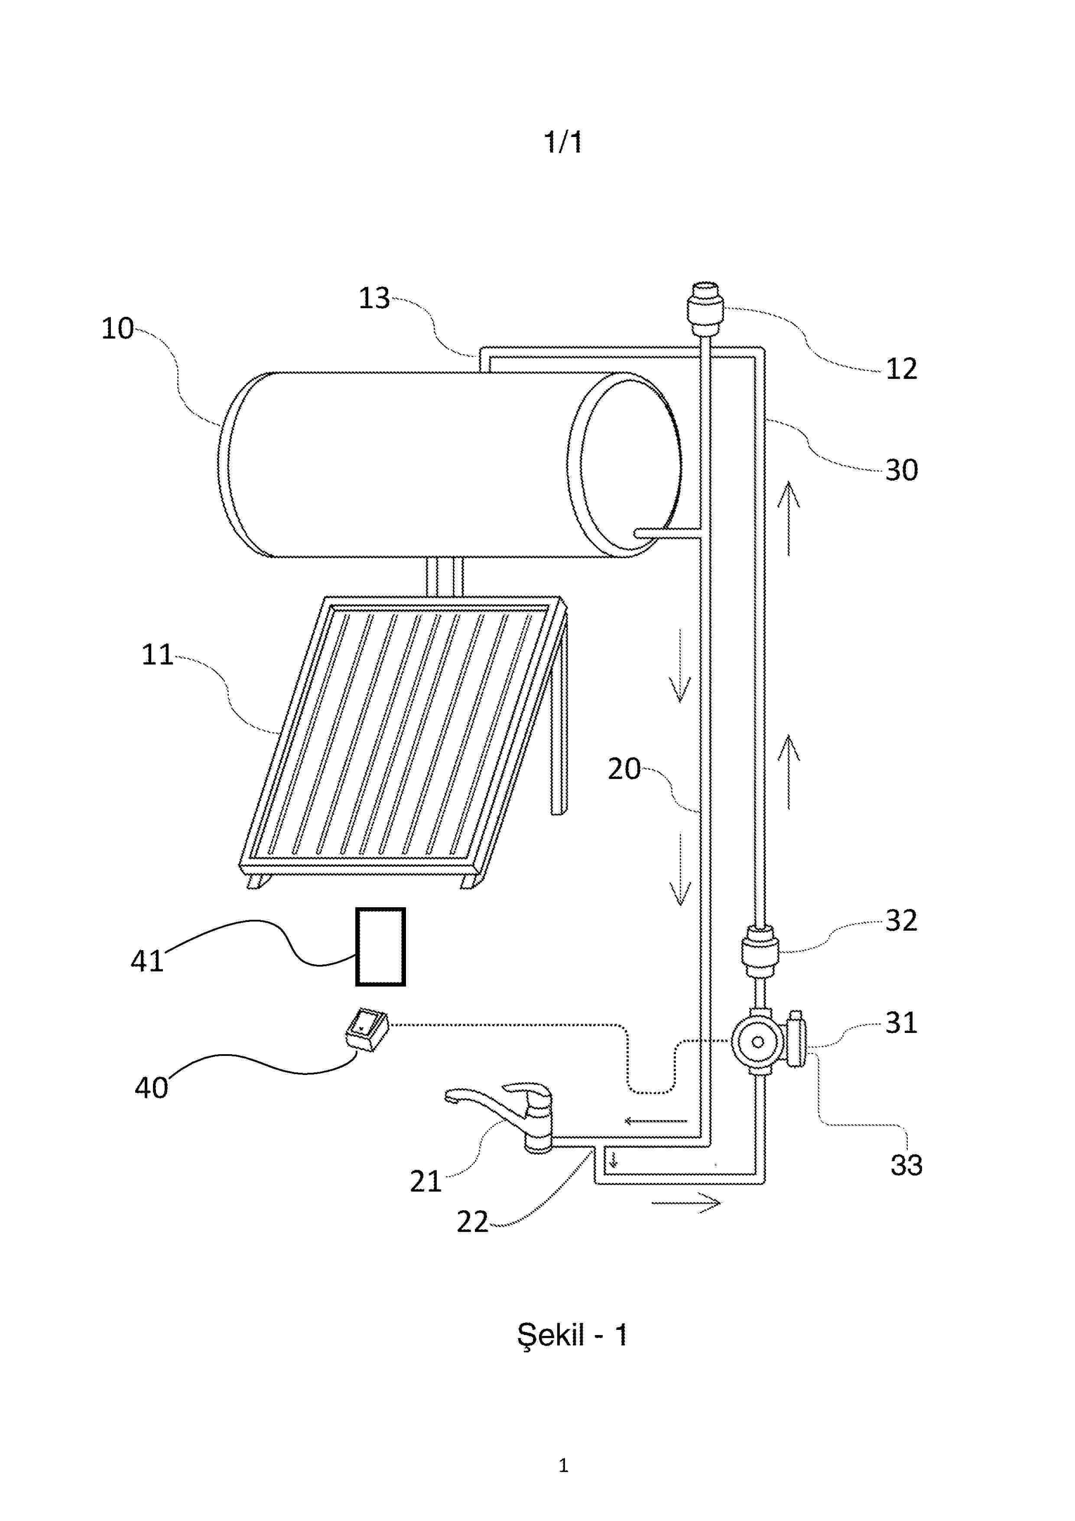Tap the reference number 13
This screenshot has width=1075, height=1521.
click(374, 299)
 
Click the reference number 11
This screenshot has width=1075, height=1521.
click(158, 655)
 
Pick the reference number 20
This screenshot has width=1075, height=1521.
click(624, 769)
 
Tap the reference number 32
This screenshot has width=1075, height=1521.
click(901, 921)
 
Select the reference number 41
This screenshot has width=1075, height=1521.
click(147, 961)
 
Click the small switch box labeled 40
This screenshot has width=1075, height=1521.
click(366, 1031)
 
